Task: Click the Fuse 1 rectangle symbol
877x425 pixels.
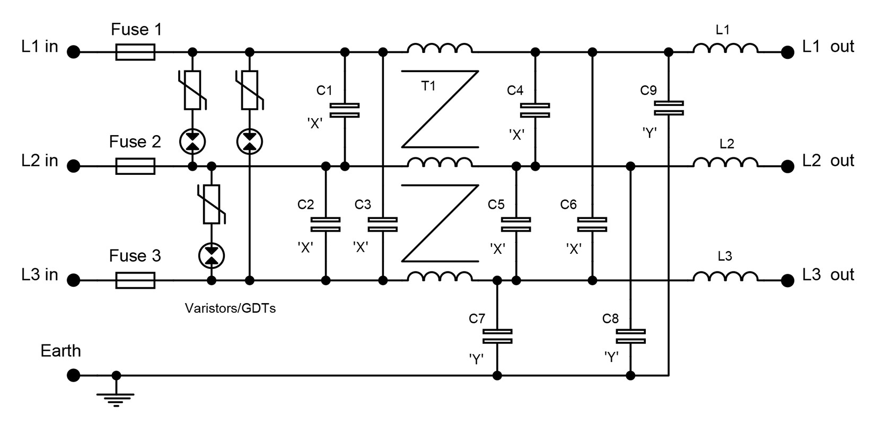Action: tap(135, 52)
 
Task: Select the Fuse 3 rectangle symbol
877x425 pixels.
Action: tap(135, 280)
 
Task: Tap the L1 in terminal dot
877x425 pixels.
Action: tap(73, 52)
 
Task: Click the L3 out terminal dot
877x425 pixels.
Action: tap(787, 280)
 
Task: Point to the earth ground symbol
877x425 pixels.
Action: tap(116, 398)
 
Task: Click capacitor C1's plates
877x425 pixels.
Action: tap(345, 110)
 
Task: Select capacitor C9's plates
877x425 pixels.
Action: tap(669, 108)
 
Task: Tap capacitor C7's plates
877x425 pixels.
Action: tap(497, 336)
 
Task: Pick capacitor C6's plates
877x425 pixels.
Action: tap(592, 224)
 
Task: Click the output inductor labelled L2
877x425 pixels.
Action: tap(725, 162)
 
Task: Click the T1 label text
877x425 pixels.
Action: tap(428, 86)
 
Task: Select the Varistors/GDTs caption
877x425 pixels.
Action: tap(230, 308)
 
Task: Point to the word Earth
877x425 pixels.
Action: tap(60, 351)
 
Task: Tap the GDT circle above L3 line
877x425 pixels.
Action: tap(212, 256)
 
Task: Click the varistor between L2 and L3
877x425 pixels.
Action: tap(212, 204)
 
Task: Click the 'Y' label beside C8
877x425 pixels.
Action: tap(611, 357)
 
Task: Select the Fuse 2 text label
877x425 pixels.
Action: tap(135, 141)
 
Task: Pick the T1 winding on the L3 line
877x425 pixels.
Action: tap(440, 277)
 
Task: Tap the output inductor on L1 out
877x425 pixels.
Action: tap(725, 48)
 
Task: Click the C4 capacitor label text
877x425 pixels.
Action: tap(515, 91)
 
